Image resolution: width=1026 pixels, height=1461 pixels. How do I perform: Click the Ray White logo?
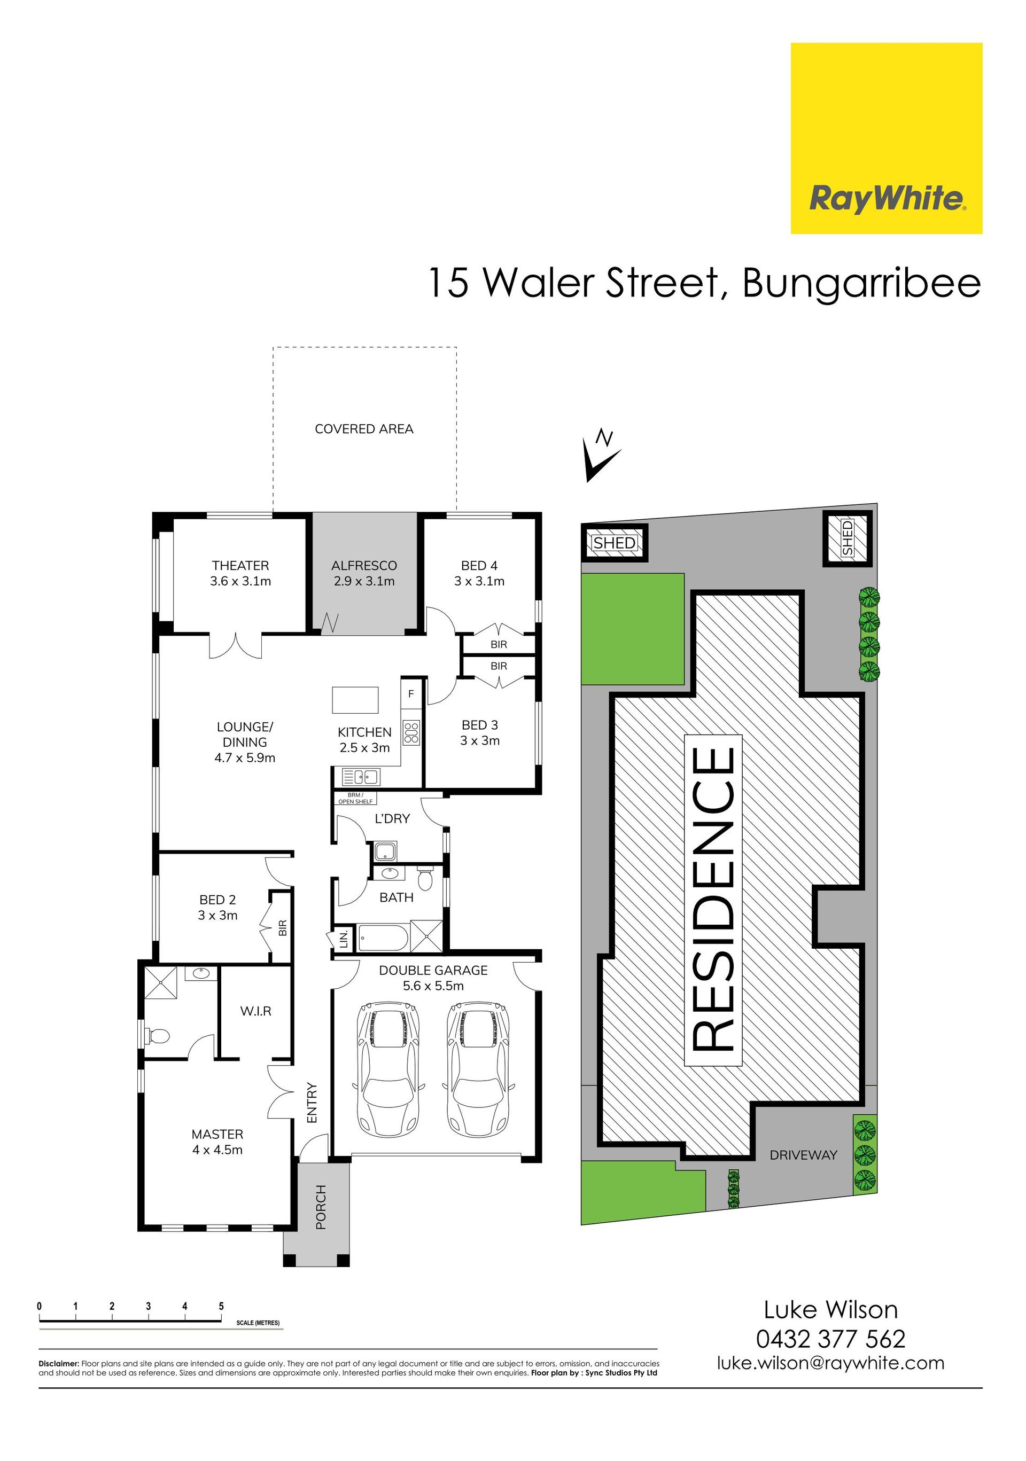tap(886, 138)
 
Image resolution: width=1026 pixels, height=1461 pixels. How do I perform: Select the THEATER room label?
tap(240, 565)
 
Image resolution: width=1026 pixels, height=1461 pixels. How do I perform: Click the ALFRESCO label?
tap(364, 565)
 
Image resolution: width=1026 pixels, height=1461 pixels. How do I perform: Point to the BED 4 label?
tap(479, 565)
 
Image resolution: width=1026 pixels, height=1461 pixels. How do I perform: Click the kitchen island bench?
tap(355, 700)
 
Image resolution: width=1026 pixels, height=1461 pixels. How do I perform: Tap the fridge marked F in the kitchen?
tap(411, 693)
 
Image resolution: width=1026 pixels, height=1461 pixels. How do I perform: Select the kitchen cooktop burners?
tap(411, 732)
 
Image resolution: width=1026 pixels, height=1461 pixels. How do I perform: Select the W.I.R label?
tap(256, 1011)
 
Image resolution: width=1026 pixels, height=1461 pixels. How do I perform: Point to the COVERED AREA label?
tap(364, 429)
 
